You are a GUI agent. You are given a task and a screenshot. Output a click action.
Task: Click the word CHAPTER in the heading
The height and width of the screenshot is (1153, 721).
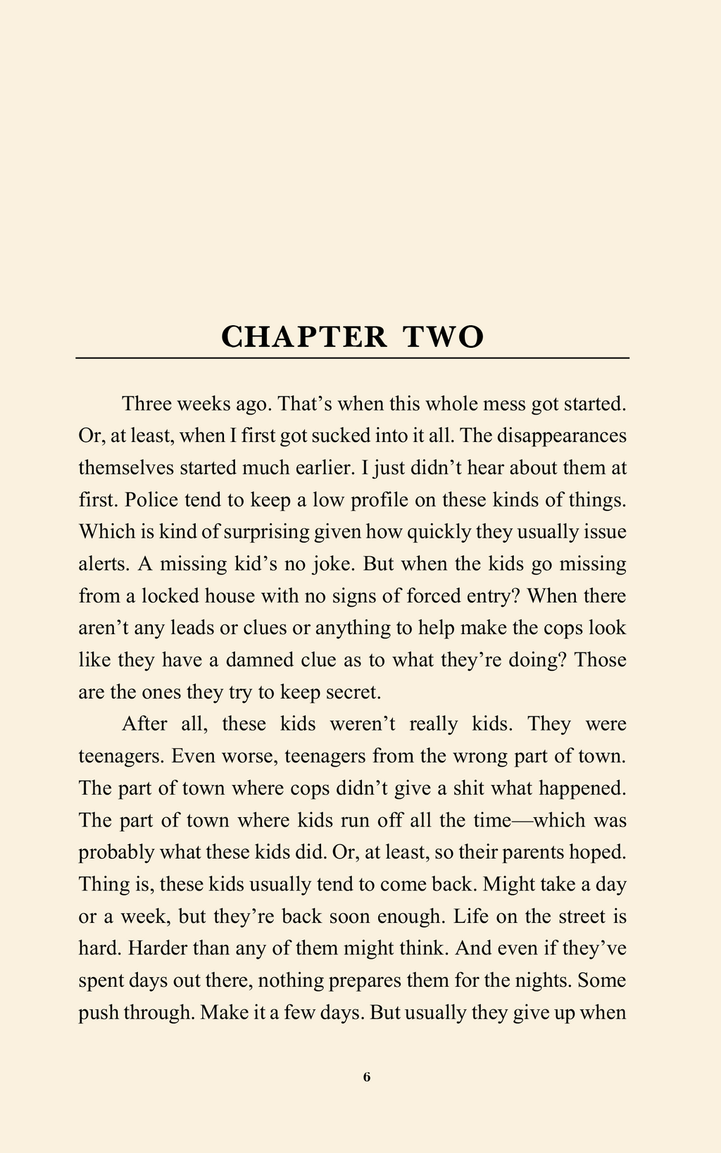pos(304,337)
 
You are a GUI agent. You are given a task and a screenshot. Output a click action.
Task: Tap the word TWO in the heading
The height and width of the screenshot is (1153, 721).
pos(444,337)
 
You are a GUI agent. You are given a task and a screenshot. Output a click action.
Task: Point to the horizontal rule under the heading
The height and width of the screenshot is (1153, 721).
pos(352,358)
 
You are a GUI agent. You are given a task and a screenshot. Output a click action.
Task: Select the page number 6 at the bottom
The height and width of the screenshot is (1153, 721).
pos(366,1076)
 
